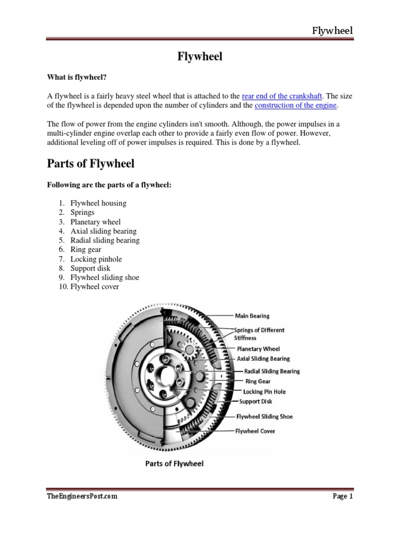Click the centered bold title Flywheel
point(199,57)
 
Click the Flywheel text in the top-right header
point(332,31)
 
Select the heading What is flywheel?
point(77,78)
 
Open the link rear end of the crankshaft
point(282,96)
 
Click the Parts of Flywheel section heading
point(91,163)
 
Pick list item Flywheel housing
point(98,203)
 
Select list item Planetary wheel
point(95,222)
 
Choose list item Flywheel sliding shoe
point(105,277)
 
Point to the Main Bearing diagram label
point(252,315)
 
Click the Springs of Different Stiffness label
point(259,334)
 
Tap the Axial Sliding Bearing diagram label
point(263,359)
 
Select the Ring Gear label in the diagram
point(257,382)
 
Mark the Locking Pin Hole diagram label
point(264,391)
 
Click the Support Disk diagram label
point(255,401)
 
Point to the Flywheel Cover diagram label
point(255,431)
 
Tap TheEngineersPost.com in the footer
point(82,496)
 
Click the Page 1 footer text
point(343,497)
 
